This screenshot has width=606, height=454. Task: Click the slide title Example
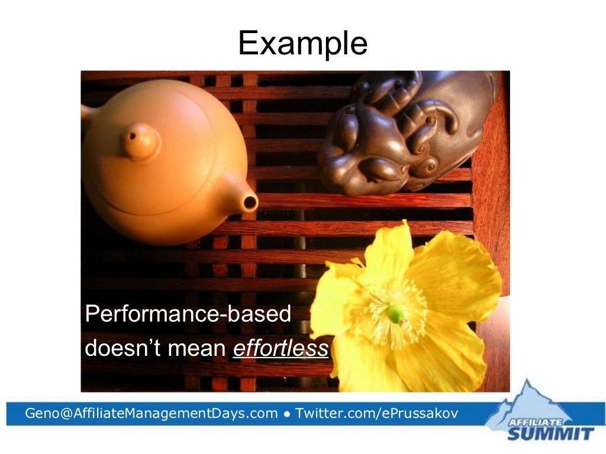(x=302, y=43)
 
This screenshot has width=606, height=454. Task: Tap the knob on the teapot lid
(x=140, y=141)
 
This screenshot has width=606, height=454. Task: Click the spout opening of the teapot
(x=250, y=203)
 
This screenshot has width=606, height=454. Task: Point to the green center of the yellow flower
(x=395, y=313)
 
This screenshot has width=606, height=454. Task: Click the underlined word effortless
(x=281, y=349)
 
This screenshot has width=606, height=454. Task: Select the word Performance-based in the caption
(x=188, y=314)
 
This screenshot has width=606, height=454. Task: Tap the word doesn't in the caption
(x=123, y=349)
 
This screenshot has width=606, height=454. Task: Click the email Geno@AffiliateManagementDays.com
(x=151, y=413)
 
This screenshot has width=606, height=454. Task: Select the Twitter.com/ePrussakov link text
(x=376, y=413)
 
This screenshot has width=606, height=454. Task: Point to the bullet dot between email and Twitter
(x=286, y=414)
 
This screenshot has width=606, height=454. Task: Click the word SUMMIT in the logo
(x=550, y=434)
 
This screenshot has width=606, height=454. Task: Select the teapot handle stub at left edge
(x=87, y=112)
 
